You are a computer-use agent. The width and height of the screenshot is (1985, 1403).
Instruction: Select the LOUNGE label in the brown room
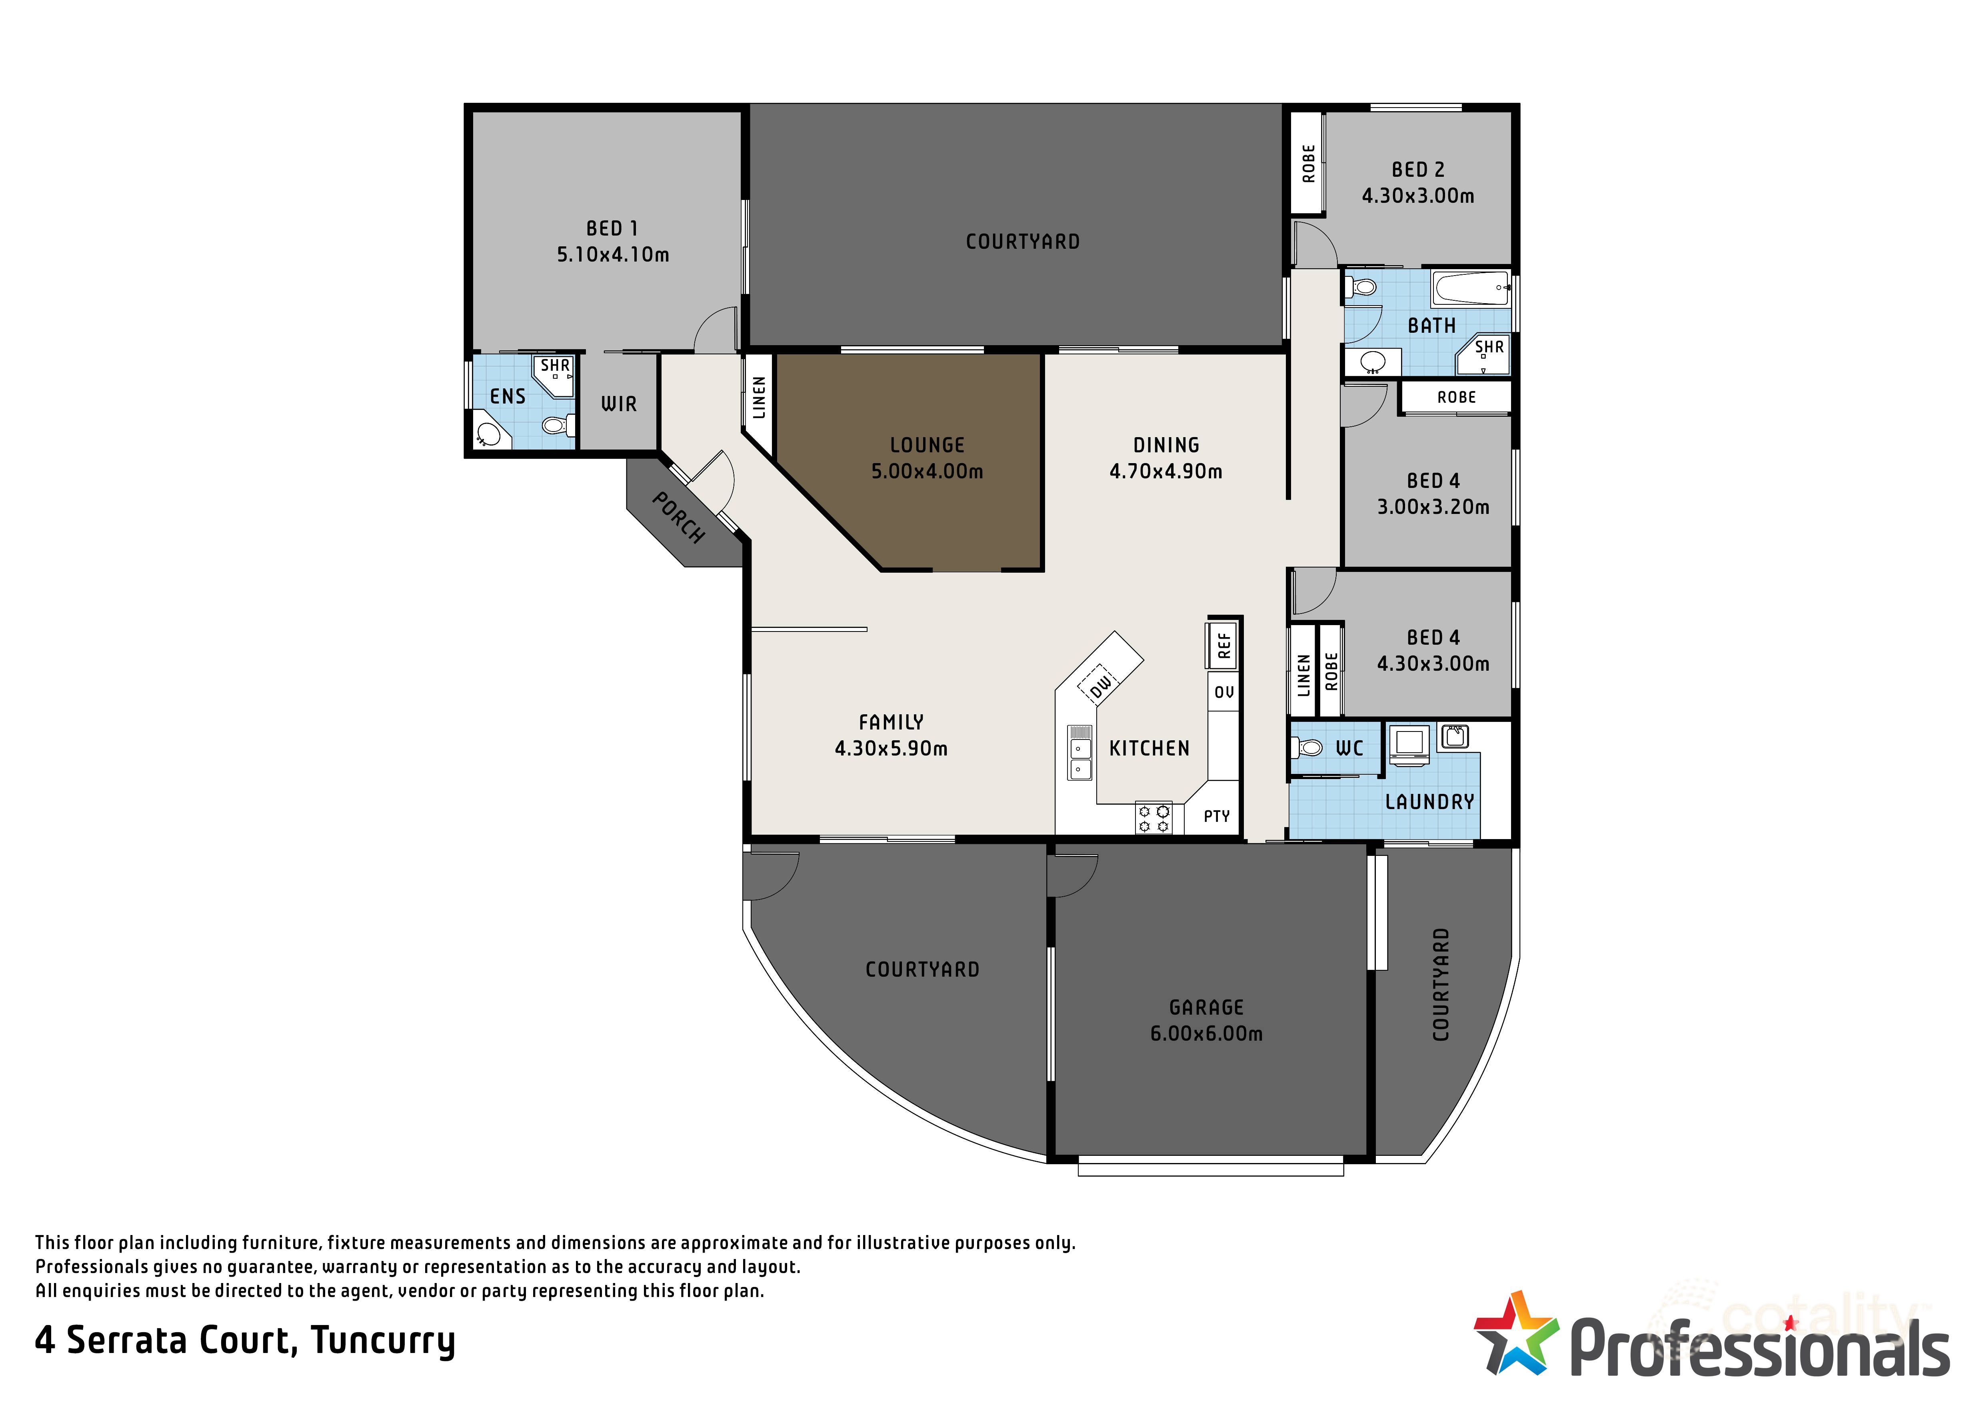(927, 445)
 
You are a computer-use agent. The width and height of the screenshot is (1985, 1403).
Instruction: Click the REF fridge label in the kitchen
(1223, 645)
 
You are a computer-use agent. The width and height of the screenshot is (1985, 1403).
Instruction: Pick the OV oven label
(1223, 692)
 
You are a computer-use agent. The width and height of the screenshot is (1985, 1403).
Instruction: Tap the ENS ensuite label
(508, 397)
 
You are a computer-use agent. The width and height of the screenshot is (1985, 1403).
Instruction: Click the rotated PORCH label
(678, 518)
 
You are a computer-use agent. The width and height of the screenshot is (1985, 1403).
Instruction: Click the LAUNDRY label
(1429, 802)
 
